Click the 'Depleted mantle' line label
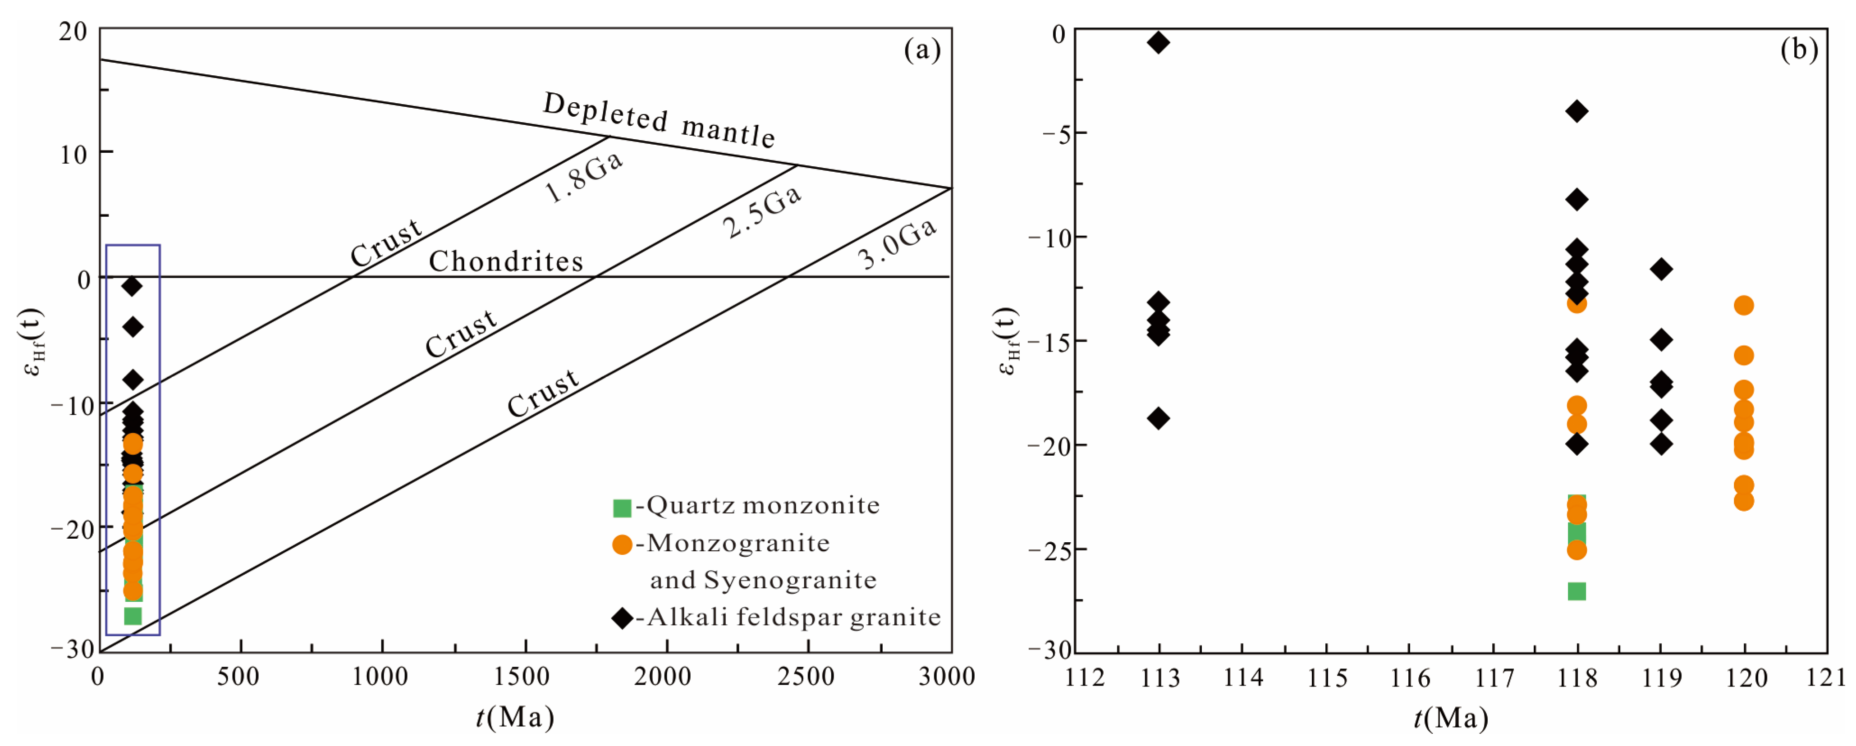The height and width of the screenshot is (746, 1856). [659, 121]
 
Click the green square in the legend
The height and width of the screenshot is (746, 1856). [622, 508]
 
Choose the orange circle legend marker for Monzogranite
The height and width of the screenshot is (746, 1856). [622, 545]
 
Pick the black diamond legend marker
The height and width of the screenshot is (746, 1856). [622, 618]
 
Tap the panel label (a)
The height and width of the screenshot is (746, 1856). [922, 50]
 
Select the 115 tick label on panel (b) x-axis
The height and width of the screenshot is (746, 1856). [1327, 677]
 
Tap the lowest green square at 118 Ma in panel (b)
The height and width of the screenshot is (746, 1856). [1576, 591]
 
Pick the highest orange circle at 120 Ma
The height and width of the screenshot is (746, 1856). [1744, 305]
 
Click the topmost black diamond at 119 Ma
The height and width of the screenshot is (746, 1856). [1661, 269]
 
